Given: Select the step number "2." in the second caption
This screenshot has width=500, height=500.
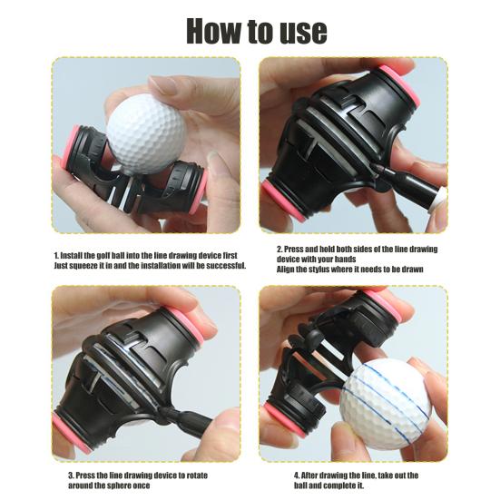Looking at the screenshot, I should (279, 248).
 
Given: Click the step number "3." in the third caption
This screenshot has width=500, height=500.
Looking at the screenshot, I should (71, 474).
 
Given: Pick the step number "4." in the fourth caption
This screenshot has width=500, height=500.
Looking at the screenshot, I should (297, 474).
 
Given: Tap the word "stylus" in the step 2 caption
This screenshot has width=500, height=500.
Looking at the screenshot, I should (321, 270).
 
